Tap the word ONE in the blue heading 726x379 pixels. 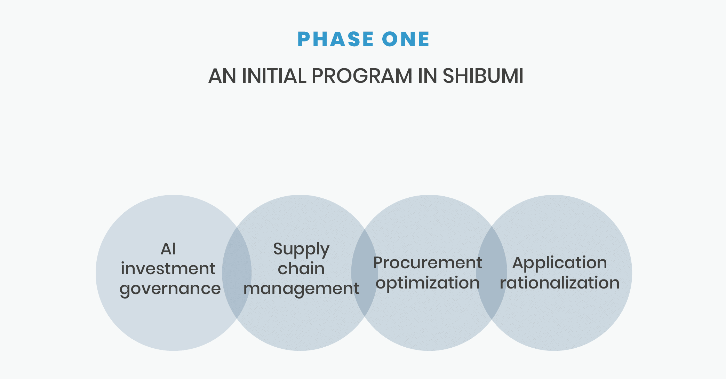point(406,39)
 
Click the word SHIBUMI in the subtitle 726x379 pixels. point(483,76)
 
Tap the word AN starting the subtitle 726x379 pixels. point(222,76)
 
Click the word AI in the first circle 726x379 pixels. point(168,249)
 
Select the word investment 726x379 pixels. point(168,269)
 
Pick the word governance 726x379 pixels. point(170,289)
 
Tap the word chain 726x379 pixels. point(301,268)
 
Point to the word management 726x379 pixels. point(301,289)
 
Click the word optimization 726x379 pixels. point(428,283)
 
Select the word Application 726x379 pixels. point(560,263)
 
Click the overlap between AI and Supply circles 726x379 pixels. point(237,273)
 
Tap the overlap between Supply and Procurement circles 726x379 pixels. point(365,273)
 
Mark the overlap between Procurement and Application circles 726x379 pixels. point(492,273)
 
